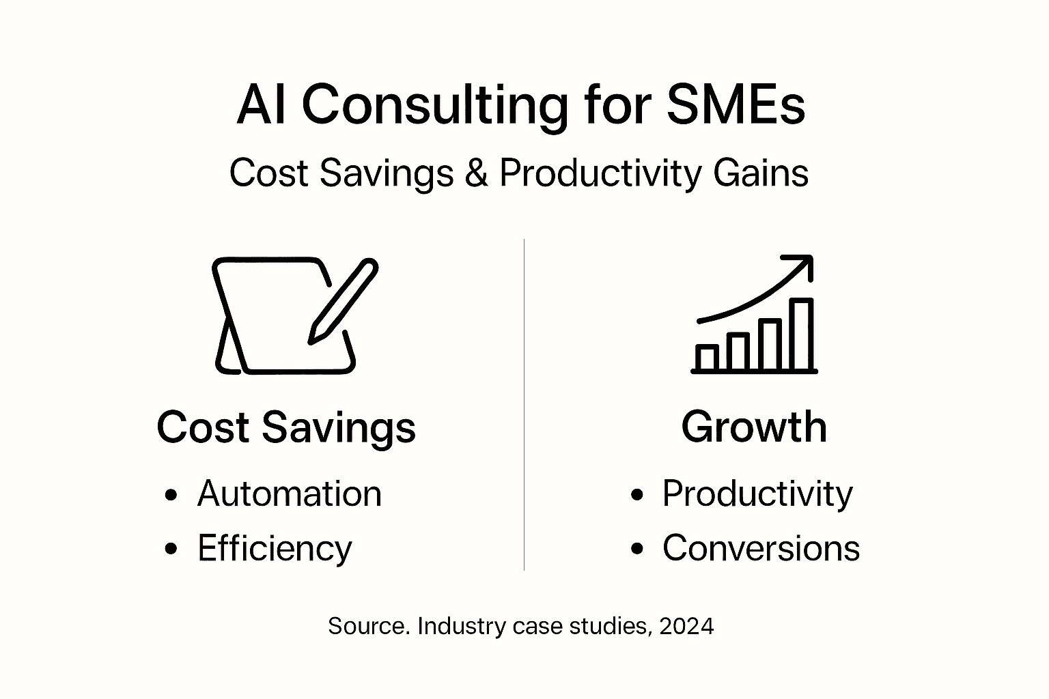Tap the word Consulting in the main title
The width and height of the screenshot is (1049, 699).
tap(434, 106)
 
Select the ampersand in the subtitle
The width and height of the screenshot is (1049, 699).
tap(476, 173)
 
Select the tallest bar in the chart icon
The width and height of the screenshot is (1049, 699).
tap(801, 334)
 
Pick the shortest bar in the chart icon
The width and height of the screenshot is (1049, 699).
tap(707, 357)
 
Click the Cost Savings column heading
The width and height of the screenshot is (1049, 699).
tap(286, 427)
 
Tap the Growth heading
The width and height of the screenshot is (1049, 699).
tap(754, 427)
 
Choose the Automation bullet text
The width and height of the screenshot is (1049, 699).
tap(289, 494)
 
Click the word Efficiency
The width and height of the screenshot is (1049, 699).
tap(275, 548)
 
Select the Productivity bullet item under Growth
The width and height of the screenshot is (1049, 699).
tap(757, 494)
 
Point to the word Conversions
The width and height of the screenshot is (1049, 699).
tap(761, 548)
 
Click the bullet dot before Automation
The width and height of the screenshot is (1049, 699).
tap(171, 495)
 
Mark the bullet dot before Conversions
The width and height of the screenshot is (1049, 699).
tap(638, 549)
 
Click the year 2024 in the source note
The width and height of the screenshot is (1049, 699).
tap(686, 626)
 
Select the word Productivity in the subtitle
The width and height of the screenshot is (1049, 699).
tap(600, 173)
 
